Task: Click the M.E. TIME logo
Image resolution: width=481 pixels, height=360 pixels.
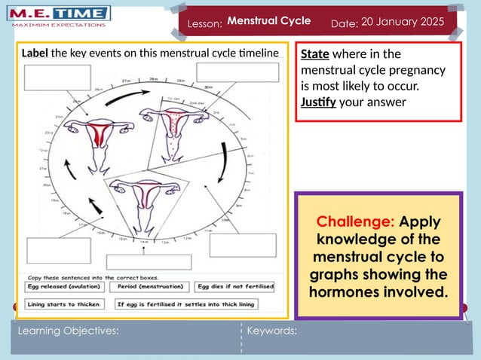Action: point(60,16)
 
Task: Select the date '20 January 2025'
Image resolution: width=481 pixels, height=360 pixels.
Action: point(403,22)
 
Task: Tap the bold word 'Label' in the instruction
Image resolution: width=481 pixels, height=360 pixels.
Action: point(35,53)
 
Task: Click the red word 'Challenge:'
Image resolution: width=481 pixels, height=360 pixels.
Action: point(355,222)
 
